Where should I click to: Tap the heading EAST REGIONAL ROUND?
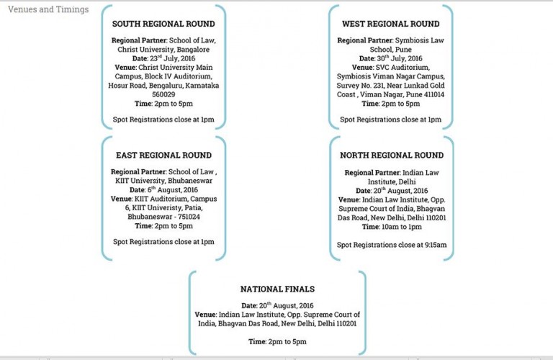coord(163,155)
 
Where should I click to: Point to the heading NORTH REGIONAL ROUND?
coord(392,155)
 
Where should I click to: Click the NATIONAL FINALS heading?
coord(277,289)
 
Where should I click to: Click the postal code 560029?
coord(163,94)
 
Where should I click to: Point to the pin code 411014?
coord(427,94)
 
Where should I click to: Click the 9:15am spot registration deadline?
coord(431,246)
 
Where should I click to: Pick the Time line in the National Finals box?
coord(277,341)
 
